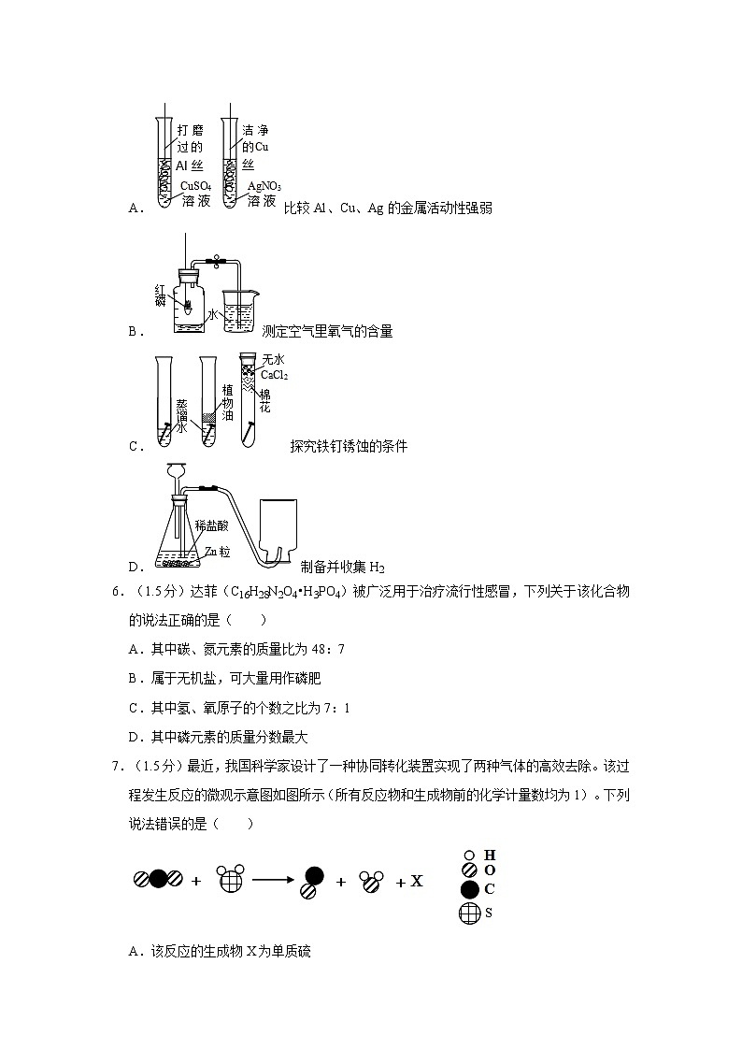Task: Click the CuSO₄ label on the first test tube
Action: [195, 186]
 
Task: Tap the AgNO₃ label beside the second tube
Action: [264, 186]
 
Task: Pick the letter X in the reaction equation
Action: [417, 881]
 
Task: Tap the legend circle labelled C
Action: [469, 888]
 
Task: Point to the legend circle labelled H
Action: [469, 855]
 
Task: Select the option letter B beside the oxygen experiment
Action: [133, 331]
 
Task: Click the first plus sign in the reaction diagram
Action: [196, 881]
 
